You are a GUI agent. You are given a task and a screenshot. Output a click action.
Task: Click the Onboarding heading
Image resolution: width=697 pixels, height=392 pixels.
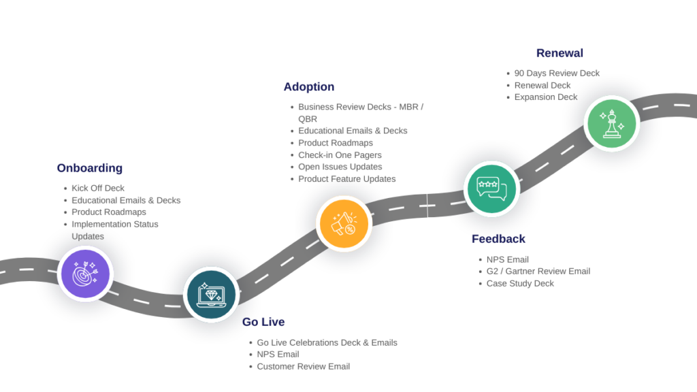[x=90, y=168]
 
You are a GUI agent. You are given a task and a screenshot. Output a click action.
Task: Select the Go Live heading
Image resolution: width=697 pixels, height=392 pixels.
[x=263, y=322]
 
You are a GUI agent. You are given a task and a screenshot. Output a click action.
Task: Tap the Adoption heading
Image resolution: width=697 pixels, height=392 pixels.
[x=309, y=86]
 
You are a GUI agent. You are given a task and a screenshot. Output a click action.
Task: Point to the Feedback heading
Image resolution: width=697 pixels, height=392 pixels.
[x=498, y=239]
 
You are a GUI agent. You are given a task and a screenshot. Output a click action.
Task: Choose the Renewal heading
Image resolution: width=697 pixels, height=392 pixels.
[x=560, y=53]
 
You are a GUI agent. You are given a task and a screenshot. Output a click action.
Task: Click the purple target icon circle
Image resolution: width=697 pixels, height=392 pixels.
[x=85, y=274]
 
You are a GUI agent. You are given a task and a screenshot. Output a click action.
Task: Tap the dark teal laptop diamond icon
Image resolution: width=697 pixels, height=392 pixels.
[x=211, y=295]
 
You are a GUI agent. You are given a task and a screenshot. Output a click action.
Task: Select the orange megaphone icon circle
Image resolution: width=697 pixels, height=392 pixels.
[x=344, y=223]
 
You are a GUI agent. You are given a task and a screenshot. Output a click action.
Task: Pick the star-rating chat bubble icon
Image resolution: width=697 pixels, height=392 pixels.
[x=491, y=189]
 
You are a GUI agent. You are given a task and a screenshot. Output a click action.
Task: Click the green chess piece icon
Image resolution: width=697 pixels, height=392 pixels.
[x=612, y=123]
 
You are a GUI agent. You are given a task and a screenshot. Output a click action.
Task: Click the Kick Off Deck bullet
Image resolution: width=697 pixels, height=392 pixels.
[x=98, y=188]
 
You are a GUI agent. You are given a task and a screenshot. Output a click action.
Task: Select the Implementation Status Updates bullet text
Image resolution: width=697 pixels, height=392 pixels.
[x=114, y=230]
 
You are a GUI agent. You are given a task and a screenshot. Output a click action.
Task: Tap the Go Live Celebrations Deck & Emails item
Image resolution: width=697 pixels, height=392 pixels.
[x=327, y=343]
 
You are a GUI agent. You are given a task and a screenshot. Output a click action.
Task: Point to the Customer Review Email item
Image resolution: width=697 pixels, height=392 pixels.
[x=303, y=367]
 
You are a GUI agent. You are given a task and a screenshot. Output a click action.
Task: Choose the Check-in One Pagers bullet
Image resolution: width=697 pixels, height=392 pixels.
[x=340, y=155]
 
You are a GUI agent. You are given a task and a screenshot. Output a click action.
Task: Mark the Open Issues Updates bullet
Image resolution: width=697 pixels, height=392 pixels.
[x=340, y=167]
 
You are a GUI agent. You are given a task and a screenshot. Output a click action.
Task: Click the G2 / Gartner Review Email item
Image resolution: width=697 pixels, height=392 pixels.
[x=538, y=271]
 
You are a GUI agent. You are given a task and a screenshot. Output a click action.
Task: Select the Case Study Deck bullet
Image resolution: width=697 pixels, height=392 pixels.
[x=520, y=284]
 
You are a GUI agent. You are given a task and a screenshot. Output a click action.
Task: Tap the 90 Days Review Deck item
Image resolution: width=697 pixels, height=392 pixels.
[x=557, y=73]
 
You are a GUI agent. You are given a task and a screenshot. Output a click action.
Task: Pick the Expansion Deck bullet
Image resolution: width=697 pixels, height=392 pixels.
[x=546, y=97]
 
